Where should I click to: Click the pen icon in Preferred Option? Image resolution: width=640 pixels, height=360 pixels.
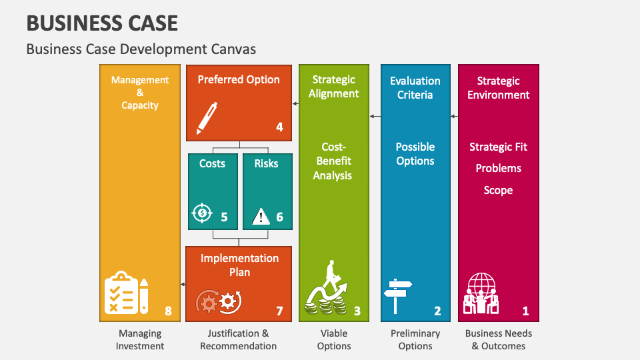click(208, 117)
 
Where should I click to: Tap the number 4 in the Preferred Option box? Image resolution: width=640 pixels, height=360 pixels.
click(279, 127)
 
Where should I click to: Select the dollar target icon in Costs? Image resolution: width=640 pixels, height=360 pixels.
click(201, 213)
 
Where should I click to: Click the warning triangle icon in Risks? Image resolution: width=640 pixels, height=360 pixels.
click(261, 215)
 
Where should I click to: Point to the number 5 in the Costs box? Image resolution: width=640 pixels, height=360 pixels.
click(224, 217)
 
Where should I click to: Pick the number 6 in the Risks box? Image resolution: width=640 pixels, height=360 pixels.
click(279, 217)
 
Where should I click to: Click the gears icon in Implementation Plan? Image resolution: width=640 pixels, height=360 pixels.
click(218, 302)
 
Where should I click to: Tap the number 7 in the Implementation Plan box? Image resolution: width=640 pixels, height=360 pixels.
click(279, 311)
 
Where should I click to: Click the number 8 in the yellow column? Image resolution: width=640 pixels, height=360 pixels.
click(168, 311)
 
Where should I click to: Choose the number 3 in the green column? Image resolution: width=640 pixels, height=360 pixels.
click(357, 311)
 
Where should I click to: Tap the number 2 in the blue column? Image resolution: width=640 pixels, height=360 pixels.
click(437, 311)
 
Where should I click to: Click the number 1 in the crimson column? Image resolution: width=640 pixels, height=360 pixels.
click(525, 311)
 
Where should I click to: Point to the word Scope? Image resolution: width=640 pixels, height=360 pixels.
click(498, 190)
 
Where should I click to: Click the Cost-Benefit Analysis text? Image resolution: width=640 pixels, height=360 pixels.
click(333, 161)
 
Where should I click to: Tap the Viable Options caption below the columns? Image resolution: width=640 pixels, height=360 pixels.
click(334, 339)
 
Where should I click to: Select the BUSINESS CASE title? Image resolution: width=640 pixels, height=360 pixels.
click(102, 23)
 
